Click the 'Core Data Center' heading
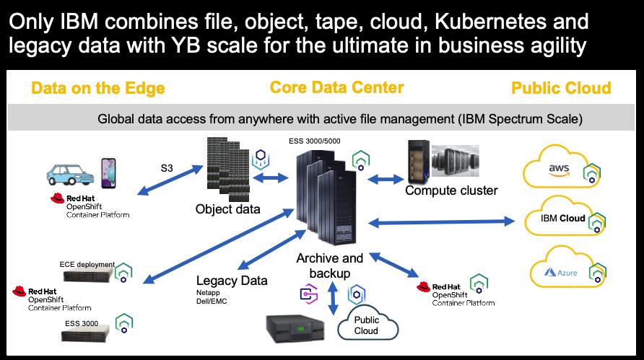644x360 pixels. (336, 87)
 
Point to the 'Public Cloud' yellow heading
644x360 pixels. (561, 89)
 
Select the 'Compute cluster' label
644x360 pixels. (451, 190)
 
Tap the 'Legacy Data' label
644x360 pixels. (231, 281)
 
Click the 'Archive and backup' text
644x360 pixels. (330, 265)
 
